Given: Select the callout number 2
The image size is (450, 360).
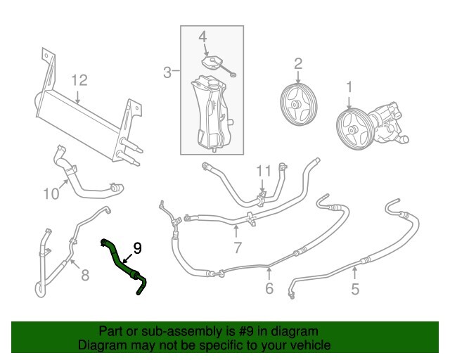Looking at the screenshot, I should coord(297,64).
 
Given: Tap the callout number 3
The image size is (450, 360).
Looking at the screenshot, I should coord(168,72).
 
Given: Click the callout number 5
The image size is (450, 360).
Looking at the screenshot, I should coord(355,288).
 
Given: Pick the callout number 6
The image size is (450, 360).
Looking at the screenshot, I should coord(269,288).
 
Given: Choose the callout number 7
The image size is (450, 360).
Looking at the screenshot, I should coord(237,247).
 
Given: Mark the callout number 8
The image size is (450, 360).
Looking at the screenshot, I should coord(85,275).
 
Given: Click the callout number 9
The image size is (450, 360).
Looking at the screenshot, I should coord(137,247).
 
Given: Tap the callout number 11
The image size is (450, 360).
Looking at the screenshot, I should coord(262,171).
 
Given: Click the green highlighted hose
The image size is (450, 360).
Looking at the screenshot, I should coord(124,265).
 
